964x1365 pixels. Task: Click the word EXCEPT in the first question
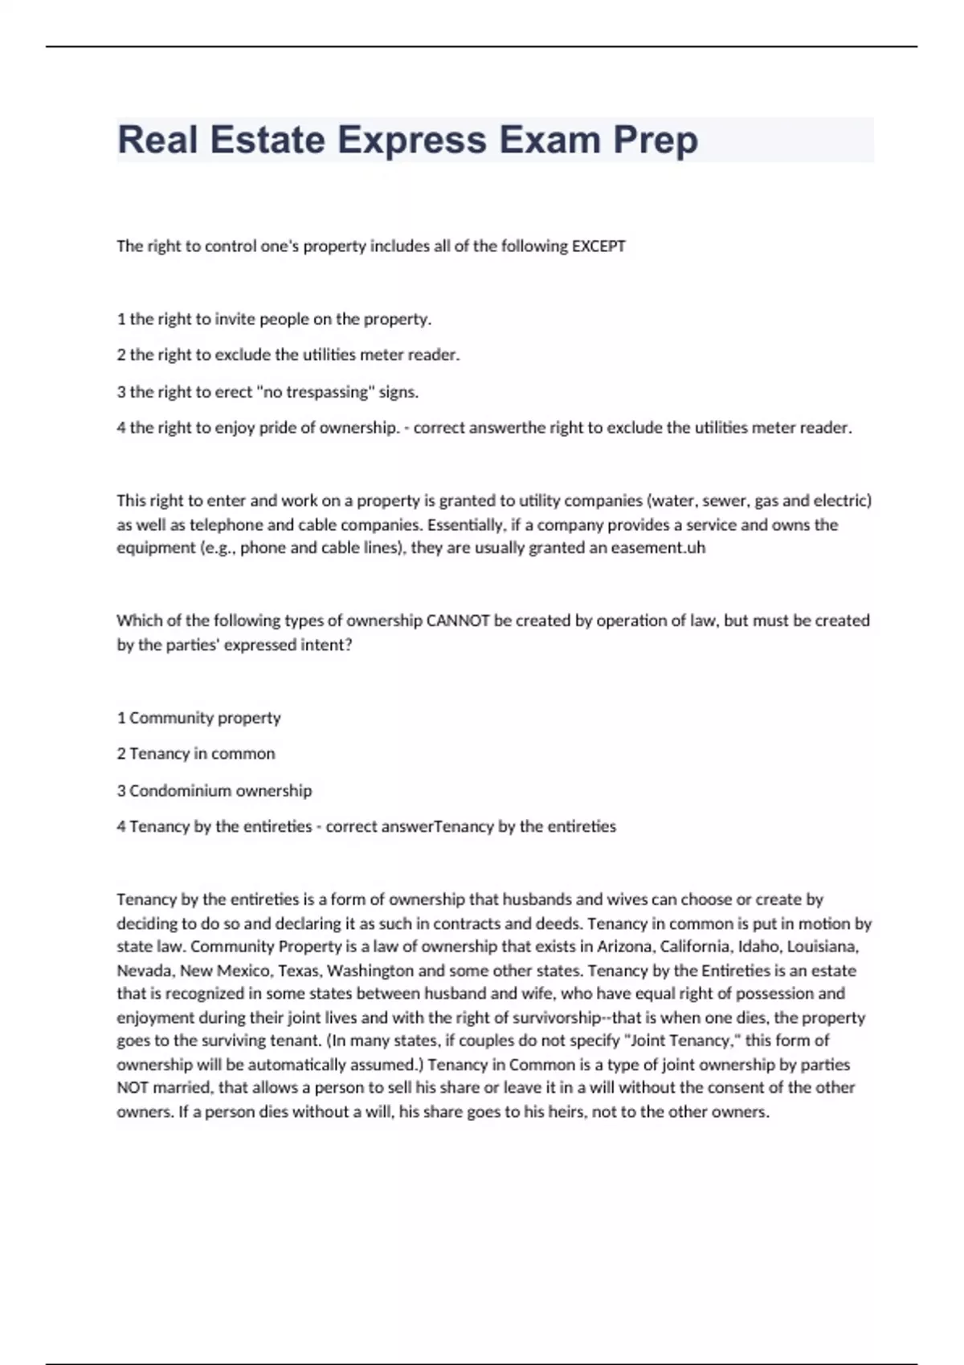[x=598, y=247]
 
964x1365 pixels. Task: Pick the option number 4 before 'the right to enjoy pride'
[x=121, y=428]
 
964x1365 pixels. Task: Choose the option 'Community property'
[x=205, y=718]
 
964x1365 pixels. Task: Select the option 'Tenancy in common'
[x=202, y=754]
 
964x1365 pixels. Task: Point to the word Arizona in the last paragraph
[x=622, y=947]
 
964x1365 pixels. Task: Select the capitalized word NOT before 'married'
[x=133, y=1088]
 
